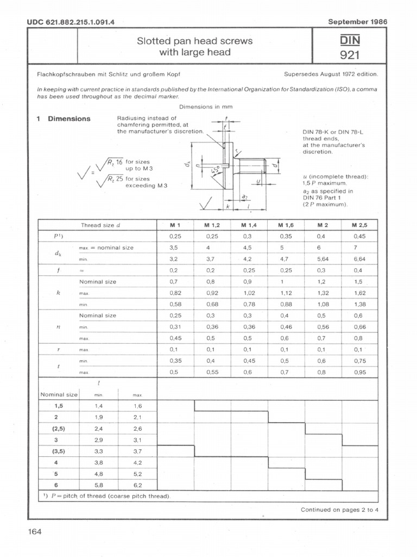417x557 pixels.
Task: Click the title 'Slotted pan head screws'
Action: [x=195, y=41]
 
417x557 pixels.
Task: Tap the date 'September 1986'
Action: [x=357, y=22]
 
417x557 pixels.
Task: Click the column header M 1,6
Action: [x=286, y=225]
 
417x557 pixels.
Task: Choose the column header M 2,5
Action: [x=359, y=225]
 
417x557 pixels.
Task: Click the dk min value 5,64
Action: [x=323, y=259]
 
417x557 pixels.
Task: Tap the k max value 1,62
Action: [x=359, y=293]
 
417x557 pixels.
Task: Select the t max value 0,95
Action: [x=359, y=373]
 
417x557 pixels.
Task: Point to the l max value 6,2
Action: [x=137, y=484]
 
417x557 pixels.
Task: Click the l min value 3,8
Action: [x=99, y=462]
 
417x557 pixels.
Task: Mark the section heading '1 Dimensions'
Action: [x=64, y=119]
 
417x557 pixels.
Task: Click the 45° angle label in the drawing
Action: [x=217, y=172]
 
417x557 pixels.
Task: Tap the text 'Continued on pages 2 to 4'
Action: [x=340, y=510]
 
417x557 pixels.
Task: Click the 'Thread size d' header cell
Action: [x=100, y=225]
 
